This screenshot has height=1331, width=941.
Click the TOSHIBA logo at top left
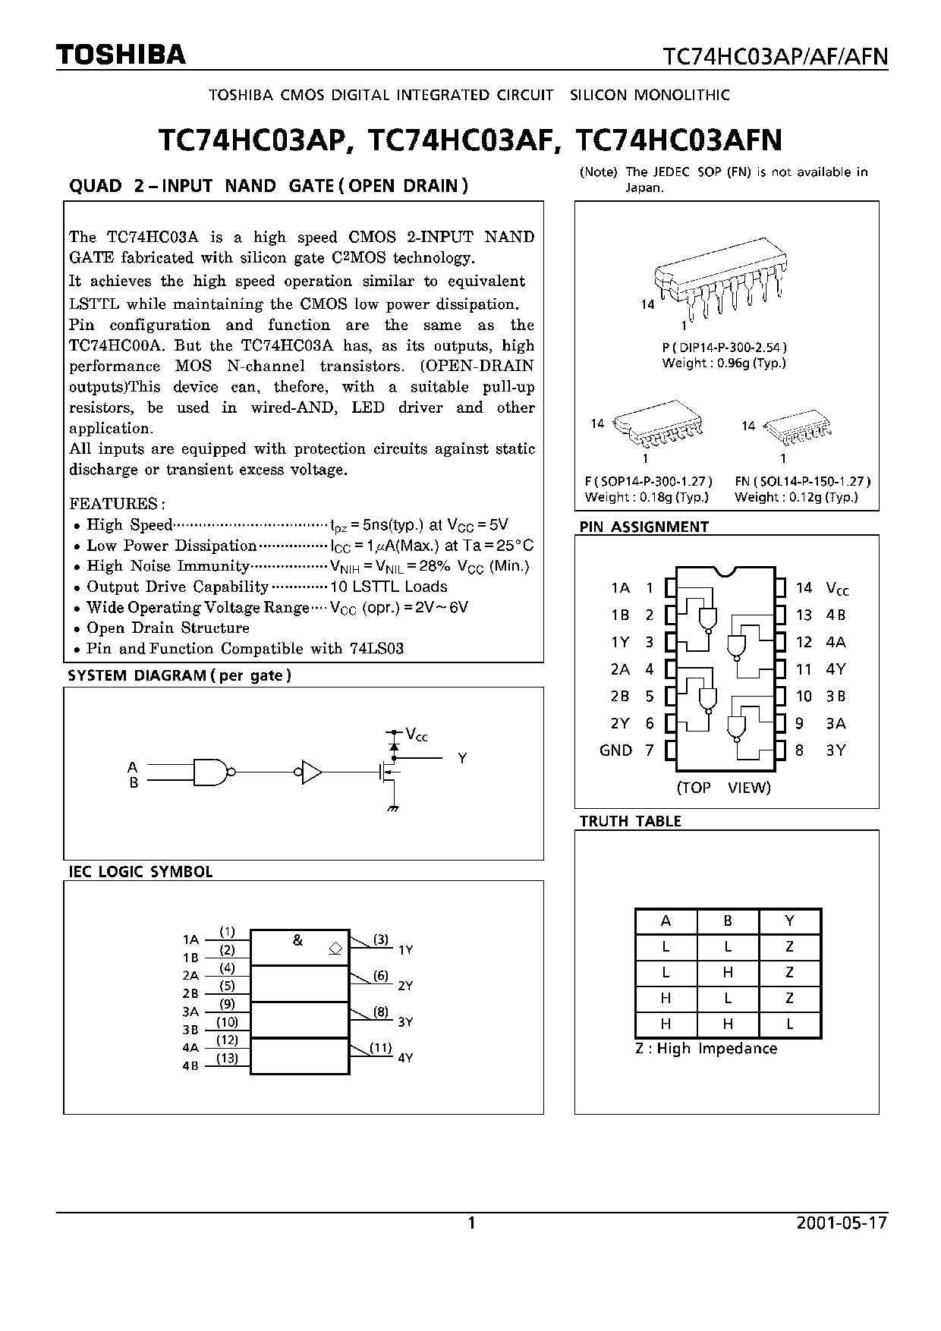(x=121, y=55)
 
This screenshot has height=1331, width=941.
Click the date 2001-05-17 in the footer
(x=842, y=1222)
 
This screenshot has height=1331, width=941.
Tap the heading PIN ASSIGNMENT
(x=644, y=527)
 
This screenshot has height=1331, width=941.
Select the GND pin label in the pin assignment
(x=615, y=750)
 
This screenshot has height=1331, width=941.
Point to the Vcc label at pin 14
(x=837, y=588)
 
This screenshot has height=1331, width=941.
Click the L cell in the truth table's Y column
(x=789, y=1024)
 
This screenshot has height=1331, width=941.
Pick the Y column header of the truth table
(x=789, y=920)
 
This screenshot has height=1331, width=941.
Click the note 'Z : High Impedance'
(x=706, y=1049)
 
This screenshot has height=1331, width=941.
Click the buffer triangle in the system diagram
(x=311, y=772)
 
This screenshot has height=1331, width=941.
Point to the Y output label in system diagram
(x=461, y=758)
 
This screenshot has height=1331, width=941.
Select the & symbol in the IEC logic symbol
(x=297, y=940)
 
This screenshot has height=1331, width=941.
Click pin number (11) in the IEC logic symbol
(x=380, y=1048)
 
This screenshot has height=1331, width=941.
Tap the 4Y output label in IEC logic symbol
(x=405, y=1058)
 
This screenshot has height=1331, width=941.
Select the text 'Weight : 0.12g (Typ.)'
(x=796, y=497)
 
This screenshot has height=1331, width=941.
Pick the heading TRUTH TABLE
(x=630, y=821)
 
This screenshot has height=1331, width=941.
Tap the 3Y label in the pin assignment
(x=836, y=750)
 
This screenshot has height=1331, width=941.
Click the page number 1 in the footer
(x=471, y=1222)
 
